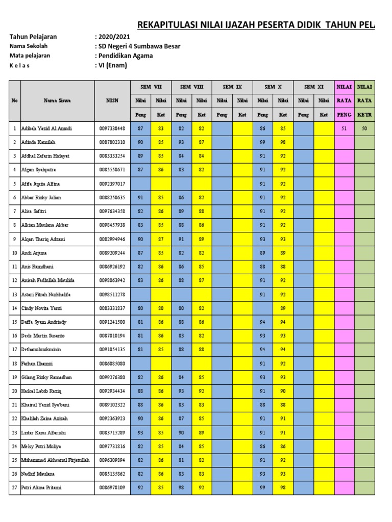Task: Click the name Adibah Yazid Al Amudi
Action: tap(46, 128)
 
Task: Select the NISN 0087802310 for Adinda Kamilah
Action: tap(112, 142)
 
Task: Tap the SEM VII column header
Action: tap(151, 87)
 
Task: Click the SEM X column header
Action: tap(273, 87)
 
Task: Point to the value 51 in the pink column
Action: tap(344, 128)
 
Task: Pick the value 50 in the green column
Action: tap(364, 128)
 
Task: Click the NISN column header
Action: tap(112, 100)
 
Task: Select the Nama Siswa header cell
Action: tap(57, 100)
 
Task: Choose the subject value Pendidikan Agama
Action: tap(126, 56)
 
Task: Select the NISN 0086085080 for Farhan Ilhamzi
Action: tap(112, 363)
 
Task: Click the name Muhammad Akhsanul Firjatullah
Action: tap(55, 460)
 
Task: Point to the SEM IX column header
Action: tap(232, 87)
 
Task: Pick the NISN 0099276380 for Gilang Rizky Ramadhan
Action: tap(112, 377)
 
